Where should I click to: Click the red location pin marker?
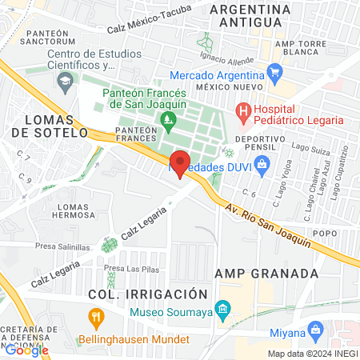181,163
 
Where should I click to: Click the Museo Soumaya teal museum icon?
224,309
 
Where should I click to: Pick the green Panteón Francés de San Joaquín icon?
168,122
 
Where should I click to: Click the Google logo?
26,350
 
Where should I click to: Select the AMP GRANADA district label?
267,273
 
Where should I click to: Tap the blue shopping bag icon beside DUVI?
260,165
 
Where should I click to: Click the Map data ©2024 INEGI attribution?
312,354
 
